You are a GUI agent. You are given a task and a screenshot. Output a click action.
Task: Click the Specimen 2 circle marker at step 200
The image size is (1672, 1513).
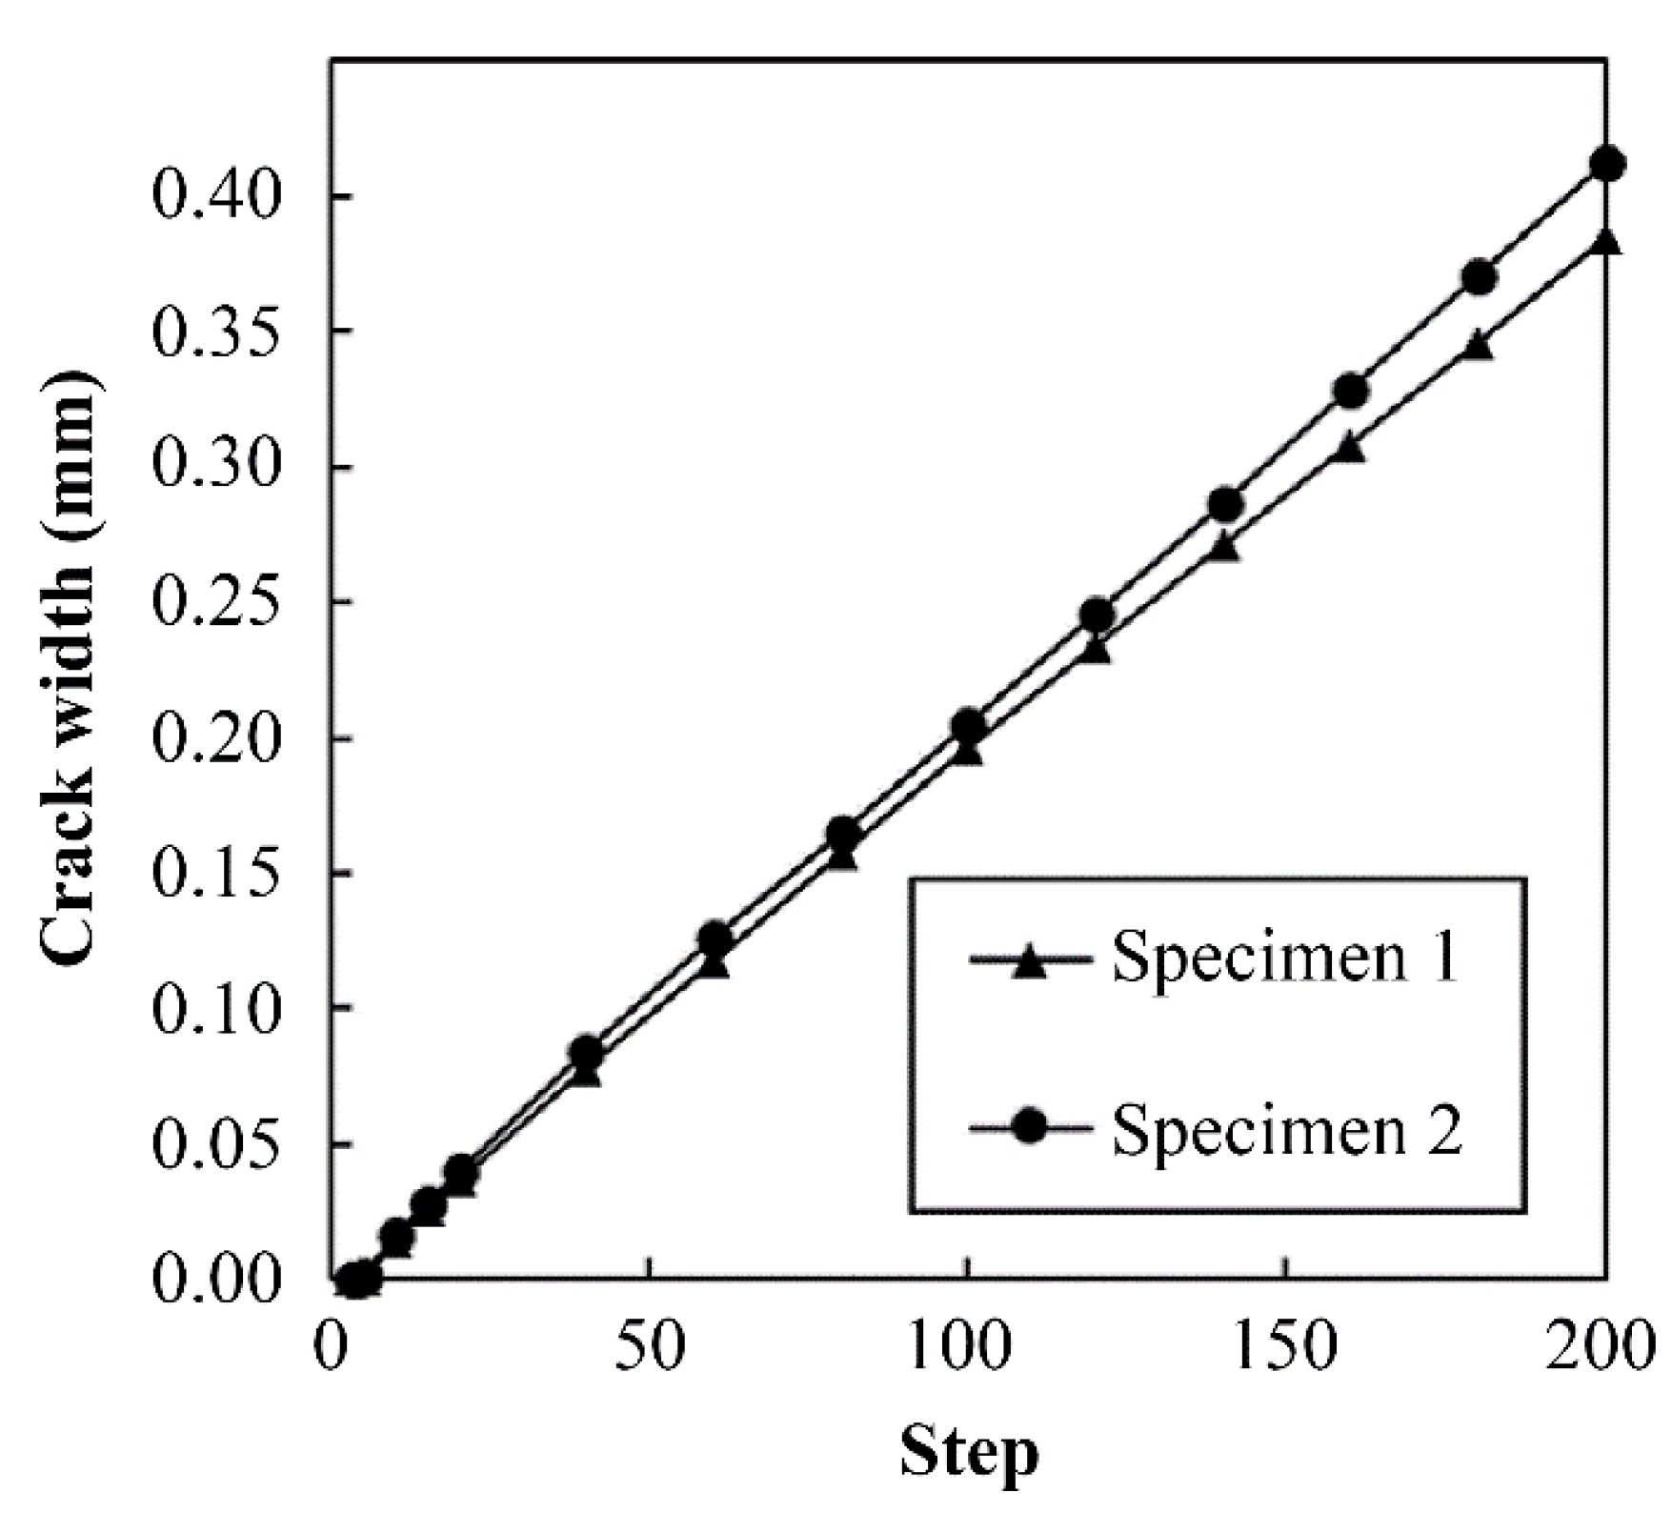click(x=1607, y=164)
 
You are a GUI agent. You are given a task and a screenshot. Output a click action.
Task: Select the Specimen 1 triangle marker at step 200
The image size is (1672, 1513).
click(x=1605, y=242)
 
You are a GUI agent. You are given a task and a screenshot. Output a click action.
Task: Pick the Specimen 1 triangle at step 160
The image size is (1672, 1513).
click(x=1349, y=449)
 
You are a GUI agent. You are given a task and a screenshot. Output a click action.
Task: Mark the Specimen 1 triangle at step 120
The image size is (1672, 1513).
click(x=1097, y=652)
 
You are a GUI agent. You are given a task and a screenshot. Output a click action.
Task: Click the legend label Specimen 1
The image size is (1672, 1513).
click(x=1285, y=957)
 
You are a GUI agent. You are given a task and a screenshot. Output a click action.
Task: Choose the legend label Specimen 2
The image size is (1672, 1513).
click(x=1286, y=1130)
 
